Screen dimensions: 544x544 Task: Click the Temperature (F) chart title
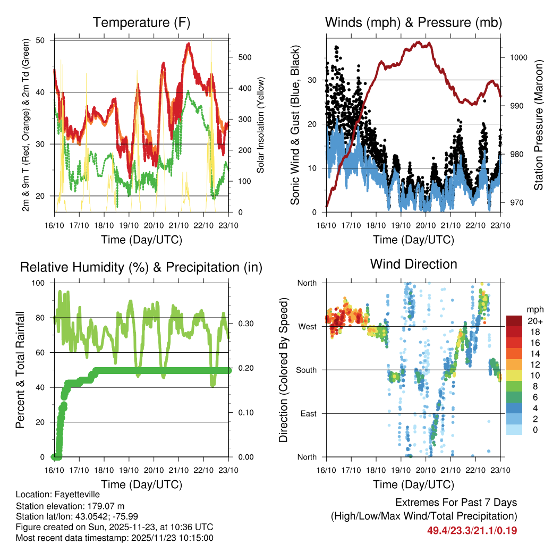click(141, 23)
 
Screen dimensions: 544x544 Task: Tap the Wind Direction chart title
click(413, 264)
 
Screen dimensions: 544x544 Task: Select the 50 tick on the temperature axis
click(47, 40)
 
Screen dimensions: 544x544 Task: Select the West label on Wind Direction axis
click(307, 326)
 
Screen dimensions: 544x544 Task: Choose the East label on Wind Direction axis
click(308, 413)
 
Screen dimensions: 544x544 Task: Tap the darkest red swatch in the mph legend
click(514, 321)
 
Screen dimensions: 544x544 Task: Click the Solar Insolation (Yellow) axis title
click(261, 125)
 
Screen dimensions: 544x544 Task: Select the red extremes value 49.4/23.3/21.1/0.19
click(472, 530)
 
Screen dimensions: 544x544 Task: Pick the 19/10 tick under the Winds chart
click(401, 225)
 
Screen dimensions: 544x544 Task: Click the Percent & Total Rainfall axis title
click(21, 370)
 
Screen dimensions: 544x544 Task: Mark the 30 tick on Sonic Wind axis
click(314, 80)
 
